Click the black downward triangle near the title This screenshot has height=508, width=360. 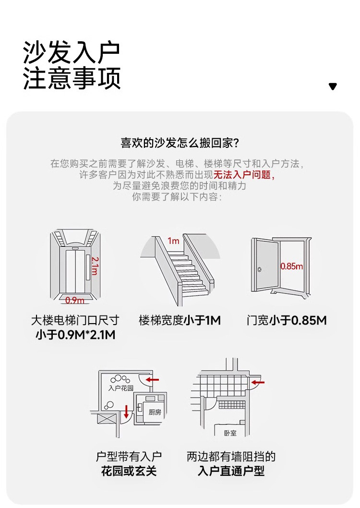(333, 86)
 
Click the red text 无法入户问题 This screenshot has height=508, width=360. (244, 175)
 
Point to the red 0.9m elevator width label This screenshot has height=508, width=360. (74, 300)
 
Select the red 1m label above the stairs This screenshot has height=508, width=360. (173, 241)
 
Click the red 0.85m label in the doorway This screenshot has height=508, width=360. (291, 266)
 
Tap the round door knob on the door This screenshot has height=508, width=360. (259, 269)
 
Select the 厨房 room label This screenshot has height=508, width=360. (155, 411)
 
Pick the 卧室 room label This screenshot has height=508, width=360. (230, 433)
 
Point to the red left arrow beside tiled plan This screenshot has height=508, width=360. (258, 383)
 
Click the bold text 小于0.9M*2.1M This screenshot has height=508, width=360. (75, 335)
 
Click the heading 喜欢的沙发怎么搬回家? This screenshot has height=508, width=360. (180, 143)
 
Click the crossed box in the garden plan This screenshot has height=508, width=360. (106, 419)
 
